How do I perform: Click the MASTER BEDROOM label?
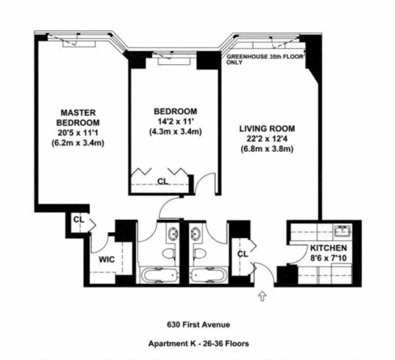[x=78, y=117]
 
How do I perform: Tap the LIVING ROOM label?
[x=267, y=129]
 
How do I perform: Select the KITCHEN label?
[x=328, y=248]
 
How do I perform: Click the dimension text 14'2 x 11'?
[x=175, y=122]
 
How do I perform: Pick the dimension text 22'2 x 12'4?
[x=267, y=139]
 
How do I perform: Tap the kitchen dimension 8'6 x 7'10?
[x=328, y=258]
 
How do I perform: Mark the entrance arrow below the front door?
[x=262, y=296]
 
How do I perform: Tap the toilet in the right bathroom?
[x=199, y=253]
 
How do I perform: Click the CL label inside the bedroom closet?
[x=162, y=181]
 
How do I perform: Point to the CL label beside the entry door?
[x=242, y=254]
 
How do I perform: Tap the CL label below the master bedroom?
[x=79, y=220]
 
